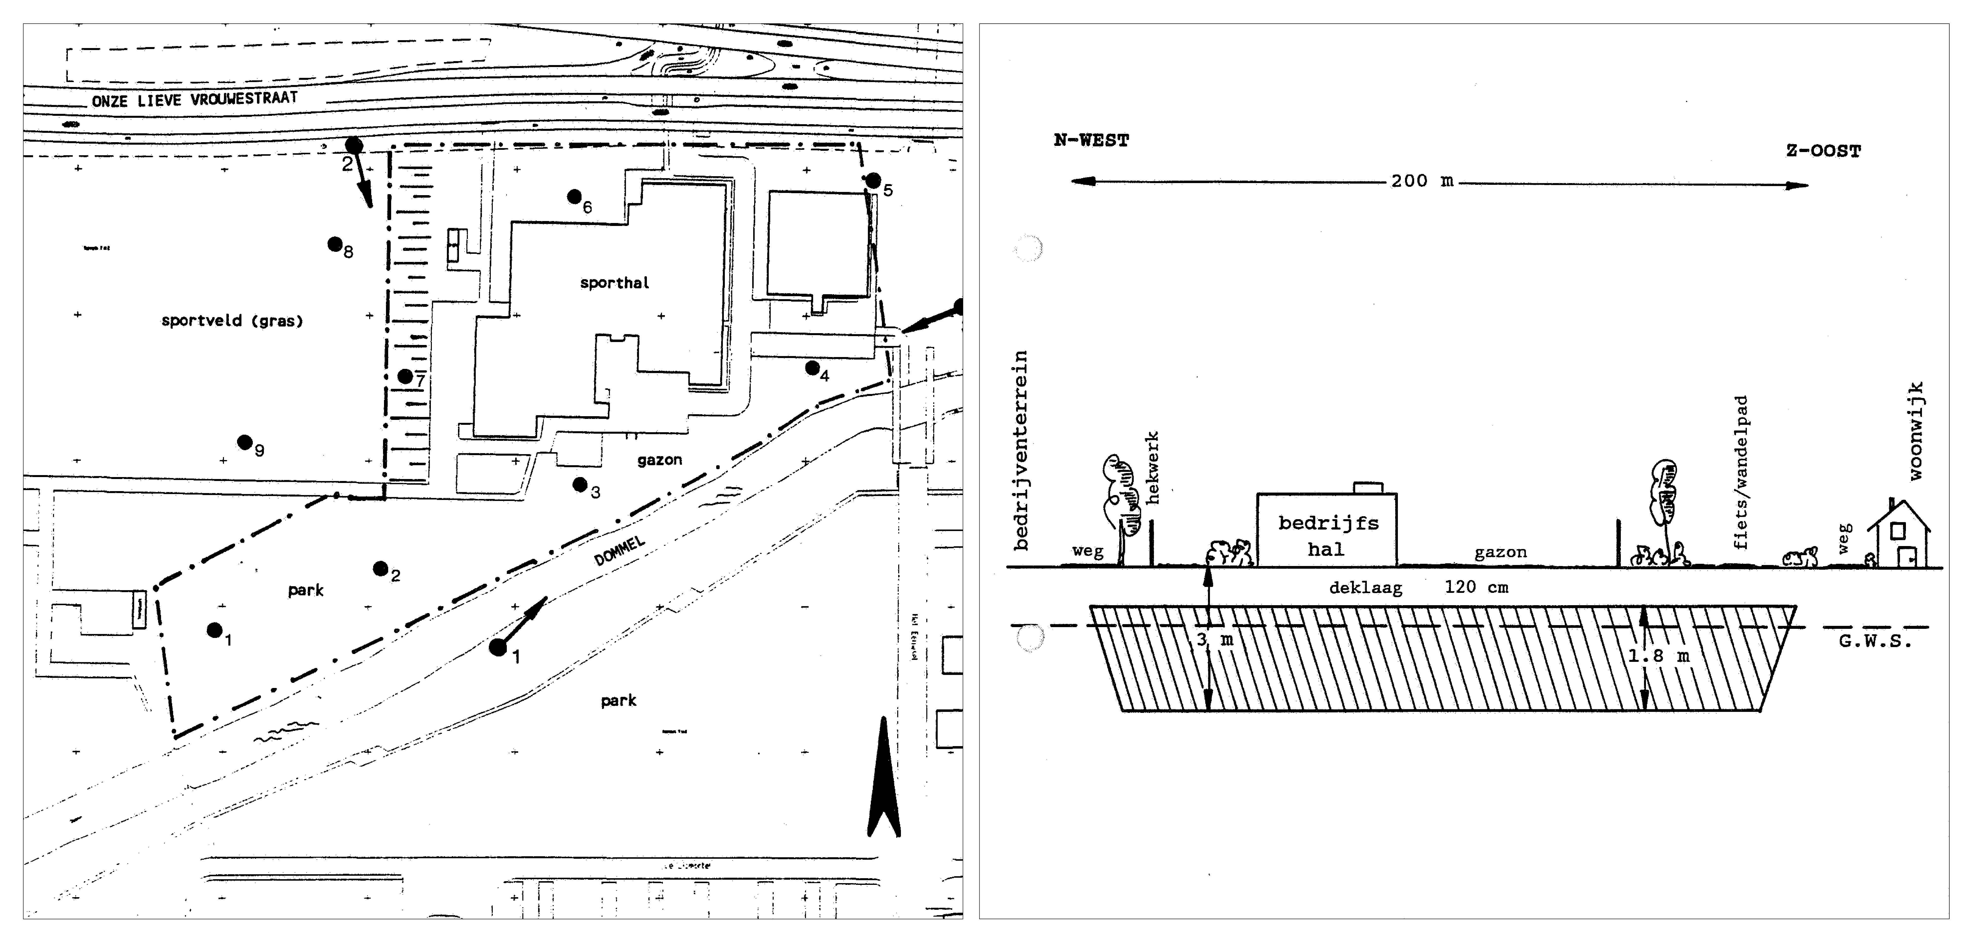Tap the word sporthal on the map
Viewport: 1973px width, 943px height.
click(614, 282)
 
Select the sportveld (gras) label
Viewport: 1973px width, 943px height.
click(232, 321)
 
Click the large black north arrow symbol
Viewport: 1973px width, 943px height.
click(884, 781)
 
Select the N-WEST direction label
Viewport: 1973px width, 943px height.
click(1091, 141)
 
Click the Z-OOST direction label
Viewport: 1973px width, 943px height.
click(1823, 151)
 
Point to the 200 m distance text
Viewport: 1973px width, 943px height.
click(1422, 181)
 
